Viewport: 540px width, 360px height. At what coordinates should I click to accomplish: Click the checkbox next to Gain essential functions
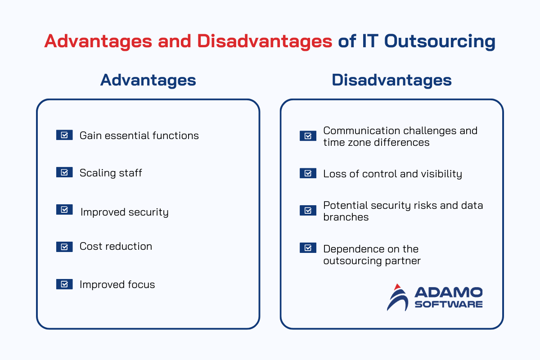64,135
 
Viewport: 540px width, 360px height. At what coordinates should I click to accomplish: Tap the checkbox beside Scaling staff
64,172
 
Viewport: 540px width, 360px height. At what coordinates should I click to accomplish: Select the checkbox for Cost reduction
64,247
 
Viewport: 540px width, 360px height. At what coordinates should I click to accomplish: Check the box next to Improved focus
64,284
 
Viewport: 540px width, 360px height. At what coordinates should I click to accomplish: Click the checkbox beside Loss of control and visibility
308,173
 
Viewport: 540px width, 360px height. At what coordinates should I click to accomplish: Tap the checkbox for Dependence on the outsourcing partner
308,247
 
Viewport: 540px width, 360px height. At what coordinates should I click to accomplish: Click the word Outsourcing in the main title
440,41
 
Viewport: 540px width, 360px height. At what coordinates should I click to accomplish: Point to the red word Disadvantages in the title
265,41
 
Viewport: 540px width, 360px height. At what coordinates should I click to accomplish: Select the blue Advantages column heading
148,80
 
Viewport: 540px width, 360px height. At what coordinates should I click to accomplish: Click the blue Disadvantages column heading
391,80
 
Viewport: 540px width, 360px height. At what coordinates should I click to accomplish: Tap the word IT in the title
370,41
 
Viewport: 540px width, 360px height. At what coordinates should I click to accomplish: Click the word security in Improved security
148,212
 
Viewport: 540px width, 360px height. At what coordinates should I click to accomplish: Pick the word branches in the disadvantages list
346,217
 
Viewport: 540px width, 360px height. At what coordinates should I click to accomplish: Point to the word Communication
361,130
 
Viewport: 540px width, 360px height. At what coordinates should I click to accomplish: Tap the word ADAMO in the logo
448,292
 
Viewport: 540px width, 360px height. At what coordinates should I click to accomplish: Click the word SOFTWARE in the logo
448,304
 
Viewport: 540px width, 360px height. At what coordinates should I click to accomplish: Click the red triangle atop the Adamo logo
397,287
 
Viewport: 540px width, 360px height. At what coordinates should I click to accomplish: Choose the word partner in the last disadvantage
403,261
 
